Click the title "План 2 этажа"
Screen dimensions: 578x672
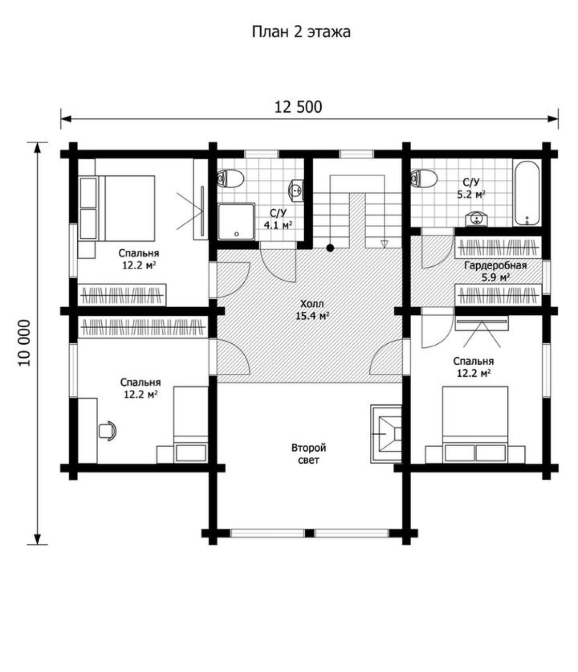coord(301,32)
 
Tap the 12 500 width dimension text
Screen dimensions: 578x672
coord(298,107)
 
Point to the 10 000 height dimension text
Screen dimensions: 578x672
coord(24,343)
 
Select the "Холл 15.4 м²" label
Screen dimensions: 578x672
coord(312,310)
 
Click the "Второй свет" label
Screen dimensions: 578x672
coord(309,454)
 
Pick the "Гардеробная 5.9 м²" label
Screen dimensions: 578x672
coord(495,271)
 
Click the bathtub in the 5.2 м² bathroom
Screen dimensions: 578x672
coord(527,193)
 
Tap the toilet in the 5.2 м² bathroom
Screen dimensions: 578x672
coord(424,178)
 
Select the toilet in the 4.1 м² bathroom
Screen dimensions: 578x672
coord(230,178)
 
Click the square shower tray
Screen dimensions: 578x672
coord(236,221)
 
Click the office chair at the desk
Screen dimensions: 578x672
coord(107,431)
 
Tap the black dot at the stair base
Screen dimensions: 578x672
coord(330,248)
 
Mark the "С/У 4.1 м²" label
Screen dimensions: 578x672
coord(278,219)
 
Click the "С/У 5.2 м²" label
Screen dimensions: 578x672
coord(471,188)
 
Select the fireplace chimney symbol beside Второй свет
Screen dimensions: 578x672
coord(386,434)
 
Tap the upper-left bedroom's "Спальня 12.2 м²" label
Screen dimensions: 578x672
coord(139,259)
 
